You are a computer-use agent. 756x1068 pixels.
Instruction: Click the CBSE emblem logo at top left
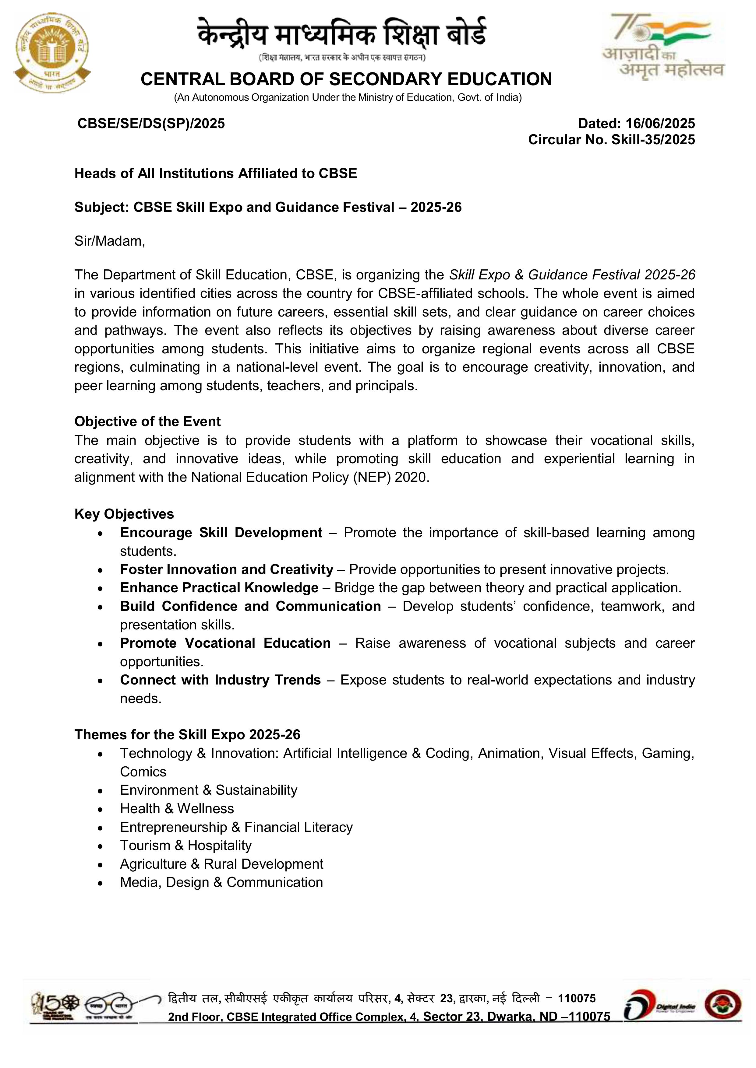(x=52, y=52)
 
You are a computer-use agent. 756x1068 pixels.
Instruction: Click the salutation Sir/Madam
(x=109, y=241)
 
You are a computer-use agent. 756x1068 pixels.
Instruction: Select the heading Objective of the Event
(x=147, y=422)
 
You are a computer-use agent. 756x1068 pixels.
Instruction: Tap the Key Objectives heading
(x=124, y=514)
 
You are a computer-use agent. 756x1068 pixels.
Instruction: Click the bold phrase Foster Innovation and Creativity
(x=226, y=569)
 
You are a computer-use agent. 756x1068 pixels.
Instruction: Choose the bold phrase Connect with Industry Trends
(x=220, y=680)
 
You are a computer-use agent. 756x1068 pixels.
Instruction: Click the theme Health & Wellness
(x=177, y=808)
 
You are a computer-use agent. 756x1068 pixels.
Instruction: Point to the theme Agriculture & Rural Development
(x=221, y=864)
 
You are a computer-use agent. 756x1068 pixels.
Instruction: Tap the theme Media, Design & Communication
(x=221, y=882)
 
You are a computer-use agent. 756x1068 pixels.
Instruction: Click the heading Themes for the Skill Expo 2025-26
(x=187, y=734)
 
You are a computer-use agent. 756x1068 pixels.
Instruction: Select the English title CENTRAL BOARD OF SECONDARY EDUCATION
(x=346, y=79)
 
